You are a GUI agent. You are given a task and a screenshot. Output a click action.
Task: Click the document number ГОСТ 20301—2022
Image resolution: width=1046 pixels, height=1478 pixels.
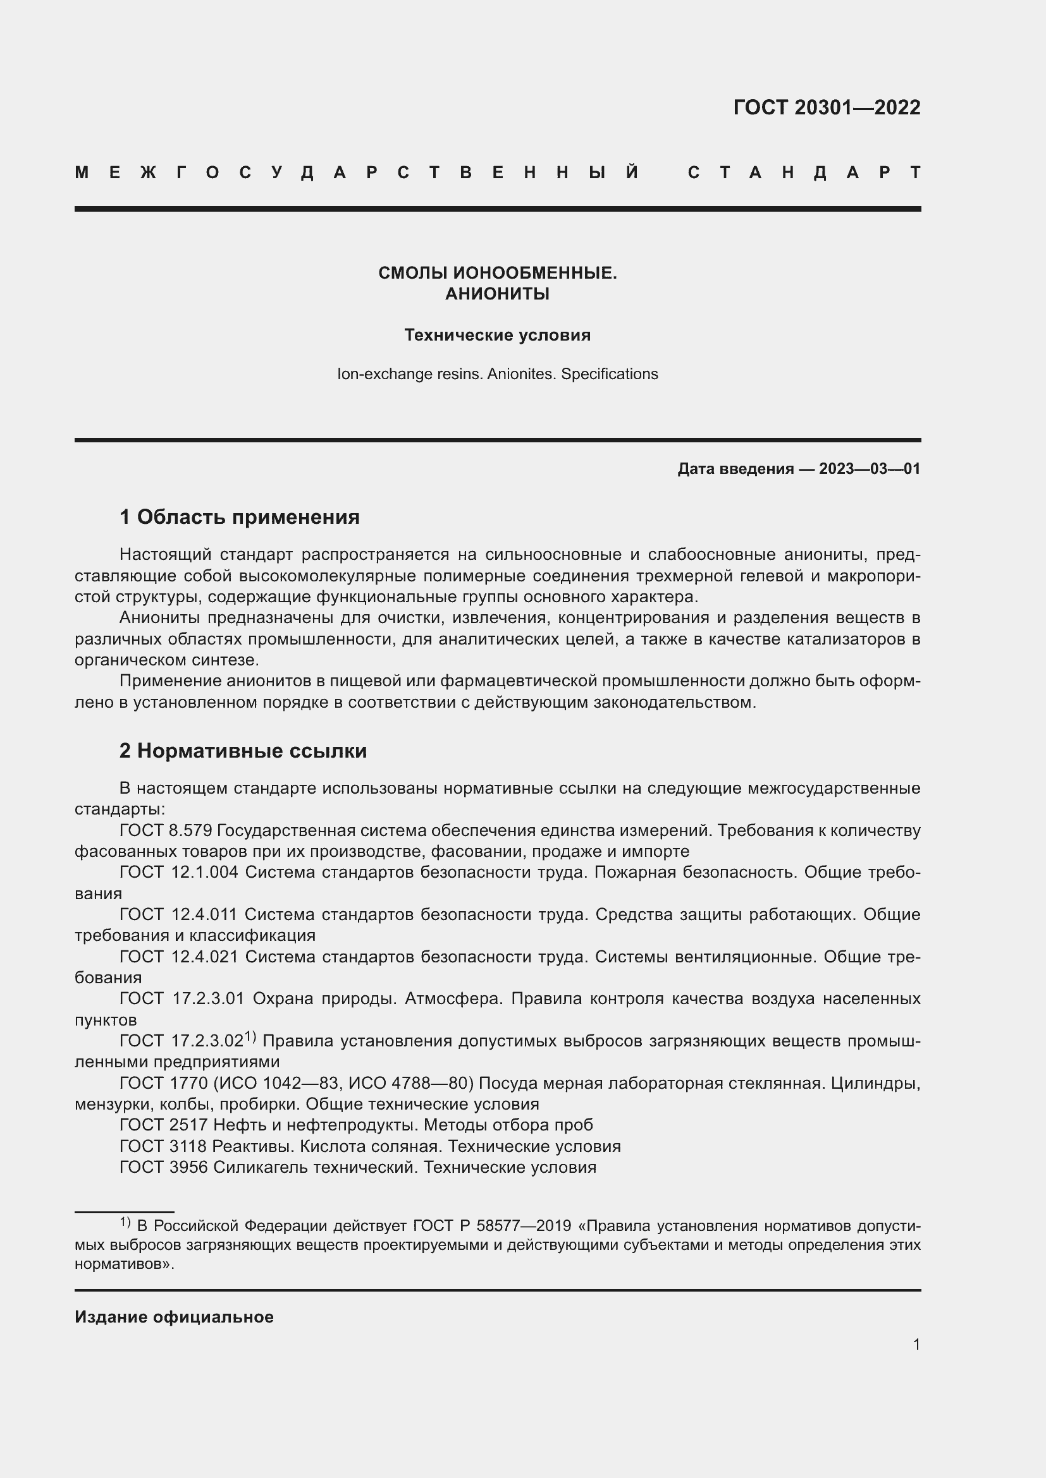827,107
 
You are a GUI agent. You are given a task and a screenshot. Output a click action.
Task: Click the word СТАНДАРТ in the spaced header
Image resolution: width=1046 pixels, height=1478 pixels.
804,173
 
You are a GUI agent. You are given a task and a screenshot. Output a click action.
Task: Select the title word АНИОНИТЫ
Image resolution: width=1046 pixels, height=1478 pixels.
497,294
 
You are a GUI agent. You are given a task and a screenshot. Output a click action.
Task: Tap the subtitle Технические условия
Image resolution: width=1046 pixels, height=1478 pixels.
497,335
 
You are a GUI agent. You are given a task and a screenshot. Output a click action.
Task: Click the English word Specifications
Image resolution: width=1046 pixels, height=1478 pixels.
609,374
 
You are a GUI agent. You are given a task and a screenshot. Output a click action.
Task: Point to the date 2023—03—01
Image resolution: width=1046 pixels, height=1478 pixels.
870,469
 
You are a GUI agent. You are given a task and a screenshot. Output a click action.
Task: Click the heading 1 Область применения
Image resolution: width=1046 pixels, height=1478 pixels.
240,516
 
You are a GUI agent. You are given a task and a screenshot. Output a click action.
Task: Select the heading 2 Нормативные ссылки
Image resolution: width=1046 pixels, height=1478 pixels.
243,751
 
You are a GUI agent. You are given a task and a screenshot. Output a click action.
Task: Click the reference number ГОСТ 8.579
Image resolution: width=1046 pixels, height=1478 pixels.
166,830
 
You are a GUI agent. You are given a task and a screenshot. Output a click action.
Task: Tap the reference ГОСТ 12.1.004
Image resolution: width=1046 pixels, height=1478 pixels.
179,872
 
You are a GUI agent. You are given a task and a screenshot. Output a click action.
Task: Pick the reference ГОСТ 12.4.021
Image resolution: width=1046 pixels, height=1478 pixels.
179,957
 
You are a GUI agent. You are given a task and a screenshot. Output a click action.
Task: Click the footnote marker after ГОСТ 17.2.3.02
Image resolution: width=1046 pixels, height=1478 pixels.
250,1036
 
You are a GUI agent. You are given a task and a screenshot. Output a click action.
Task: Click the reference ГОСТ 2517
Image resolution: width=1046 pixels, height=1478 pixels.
164,1125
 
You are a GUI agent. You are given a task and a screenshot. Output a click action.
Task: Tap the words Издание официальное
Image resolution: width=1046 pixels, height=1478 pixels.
174,1316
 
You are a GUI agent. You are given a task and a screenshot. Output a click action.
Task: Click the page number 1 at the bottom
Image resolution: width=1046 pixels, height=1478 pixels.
916,1344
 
